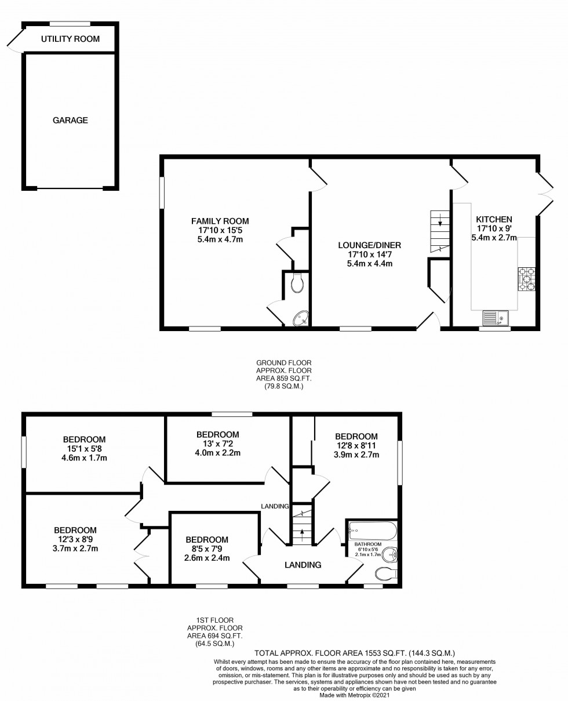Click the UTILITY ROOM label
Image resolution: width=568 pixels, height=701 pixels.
(x=70, y=39)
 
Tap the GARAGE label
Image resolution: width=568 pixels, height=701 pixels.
(x=70, y=120)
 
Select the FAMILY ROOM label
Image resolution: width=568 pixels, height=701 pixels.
(x=220, y=221)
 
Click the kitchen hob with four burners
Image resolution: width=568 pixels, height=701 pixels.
(x=527, y=279)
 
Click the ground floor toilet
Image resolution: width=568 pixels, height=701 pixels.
(x=298, y=282)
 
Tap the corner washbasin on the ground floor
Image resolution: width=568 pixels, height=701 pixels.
(x=301, y=318)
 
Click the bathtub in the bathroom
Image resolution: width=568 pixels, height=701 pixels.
(x=373, y=531)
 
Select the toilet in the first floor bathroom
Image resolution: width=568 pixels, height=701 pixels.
(x=386, y=574)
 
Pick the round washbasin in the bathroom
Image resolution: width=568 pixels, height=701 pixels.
(x=390, y=554)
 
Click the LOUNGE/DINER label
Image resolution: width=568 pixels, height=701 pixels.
(x=370, y=245)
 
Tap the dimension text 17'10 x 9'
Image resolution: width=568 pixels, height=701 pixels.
(x=494, y=228)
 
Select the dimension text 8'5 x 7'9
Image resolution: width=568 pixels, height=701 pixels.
(x=207, y=549)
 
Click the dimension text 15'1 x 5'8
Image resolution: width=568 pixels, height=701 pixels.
(x=84, y=448)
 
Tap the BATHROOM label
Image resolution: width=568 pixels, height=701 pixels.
(x=367, y=544)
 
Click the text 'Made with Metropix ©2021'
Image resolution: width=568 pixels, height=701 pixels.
(x=354, y=695)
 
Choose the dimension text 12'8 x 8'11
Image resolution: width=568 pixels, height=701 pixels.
(x=356, y=445)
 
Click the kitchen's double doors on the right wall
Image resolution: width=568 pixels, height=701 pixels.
(x=545, y=194)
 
